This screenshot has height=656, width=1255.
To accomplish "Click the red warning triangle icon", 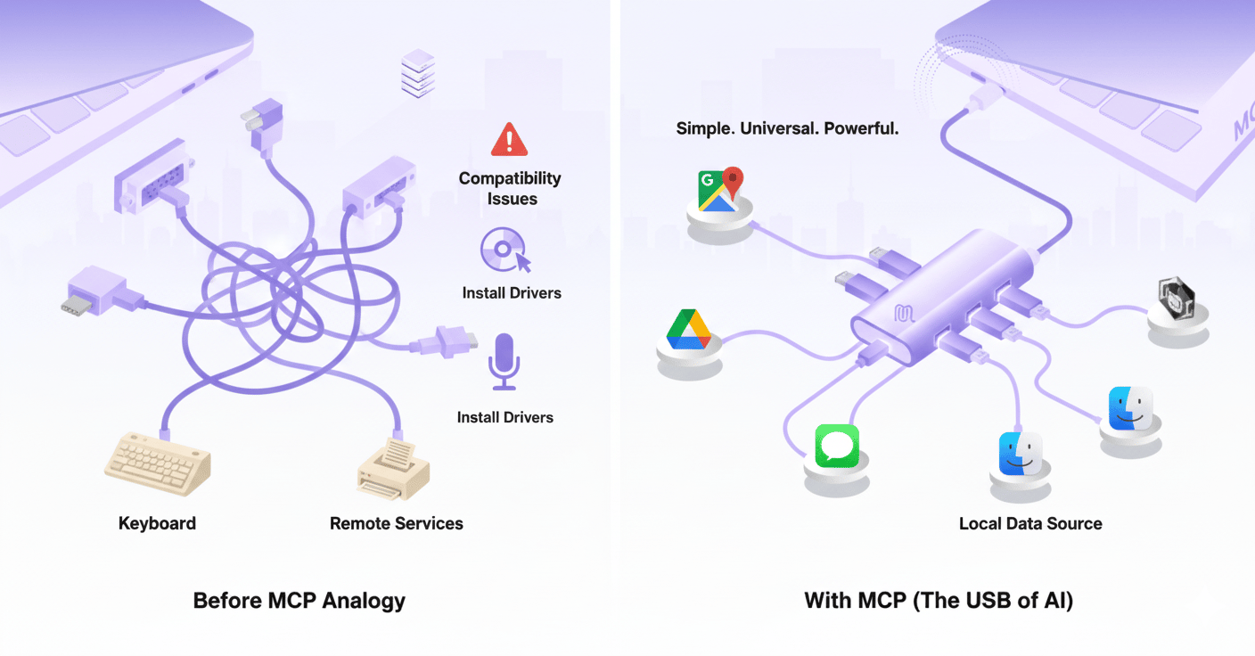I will tap(509, 140).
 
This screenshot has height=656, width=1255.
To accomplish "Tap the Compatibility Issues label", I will tap(510, 188).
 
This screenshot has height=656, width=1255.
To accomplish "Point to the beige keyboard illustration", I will tap(158, 464).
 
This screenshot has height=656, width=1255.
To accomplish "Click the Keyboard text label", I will tap(157, 523).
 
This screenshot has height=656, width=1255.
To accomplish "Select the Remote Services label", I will tap(397, 524).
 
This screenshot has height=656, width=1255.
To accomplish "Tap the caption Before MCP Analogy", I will tap(299, 601).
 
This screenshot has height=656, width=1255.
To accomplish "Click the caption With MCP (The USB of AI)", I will tap(939, 601).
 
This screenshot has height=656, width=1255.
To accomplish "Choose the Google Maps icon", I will tap(720, 189).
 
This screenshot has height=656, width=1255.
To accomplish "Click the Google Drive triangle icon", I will tap(688, 329).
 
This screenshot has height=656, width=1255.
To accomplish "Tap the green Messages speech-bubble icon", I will tap(837, 446).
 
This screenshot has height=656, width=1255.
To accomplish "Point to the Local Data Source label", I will tap(1030, 524).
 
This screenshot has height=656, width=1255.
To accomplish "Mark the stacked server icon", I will tap(418, 73).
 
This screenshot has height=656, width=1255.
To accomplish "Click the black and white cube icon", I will tap(1177, 297).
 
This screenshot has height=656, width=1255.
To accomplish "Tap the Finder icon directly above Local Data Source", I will tap(1021, 454).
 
